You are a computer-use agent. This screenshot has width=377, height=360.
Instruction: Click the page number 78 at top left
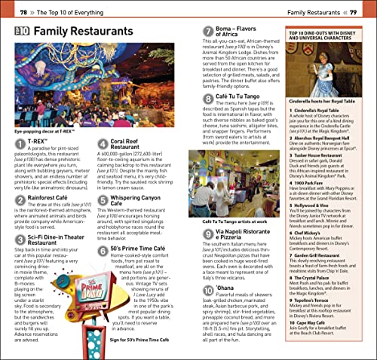[25, 14]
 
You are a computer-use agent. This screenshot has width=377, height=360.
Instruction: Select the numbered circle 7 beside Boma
[209, 32]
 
